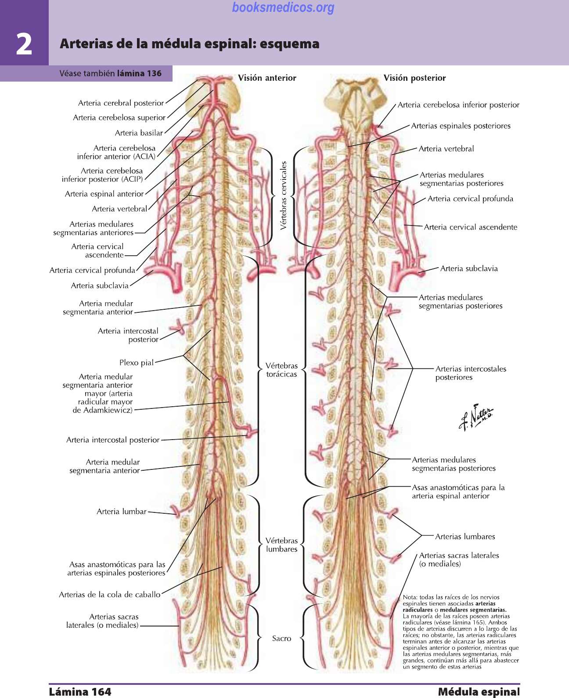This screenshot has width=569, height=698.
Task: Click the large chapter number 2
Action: [24, 44]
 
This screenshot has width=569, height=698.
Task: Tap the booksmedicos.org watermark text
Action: [283, 7]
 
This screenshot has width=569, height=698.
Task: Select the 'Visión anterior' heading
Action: [267, 78]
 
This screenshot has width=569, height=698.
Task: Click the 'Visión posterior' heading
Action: [414, 78]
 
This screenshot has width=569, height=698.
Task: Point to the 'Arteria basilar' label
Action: [139, 133]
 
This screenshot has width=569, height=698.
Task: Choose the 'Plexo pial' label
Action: [137, 363]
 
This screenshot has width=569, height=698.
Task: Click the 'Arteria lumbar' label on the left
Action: [122, 512]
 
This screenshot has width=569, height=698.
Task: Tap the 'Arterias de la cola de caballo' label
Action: [110, 595]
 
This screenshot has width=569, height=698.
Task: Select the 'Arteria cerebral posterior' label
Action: [121, 103]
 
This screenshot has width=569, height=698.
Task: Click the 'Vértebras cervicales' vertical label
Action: [284, 195]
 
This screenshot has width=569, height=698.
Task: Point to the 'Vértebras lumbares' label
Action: [281, 545]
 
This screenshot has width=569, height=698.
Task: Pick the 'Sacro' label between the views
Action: [281, 639]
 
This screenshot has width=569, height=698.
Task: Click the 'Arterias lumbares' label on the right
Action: [465, 537]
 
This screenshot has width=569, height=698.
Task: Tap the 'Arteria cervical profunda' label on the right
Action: [470, 199]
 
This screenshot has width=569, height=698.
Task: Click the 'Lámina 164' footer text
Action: [80, 692]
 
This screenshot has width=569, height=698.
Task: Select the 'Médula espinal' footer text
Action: [479, 692]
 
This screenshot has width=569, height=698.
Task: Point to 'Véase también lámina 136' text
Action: [110, 74]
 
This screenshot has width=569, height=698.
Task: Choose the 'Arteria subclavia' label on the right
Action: [469, 268]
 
